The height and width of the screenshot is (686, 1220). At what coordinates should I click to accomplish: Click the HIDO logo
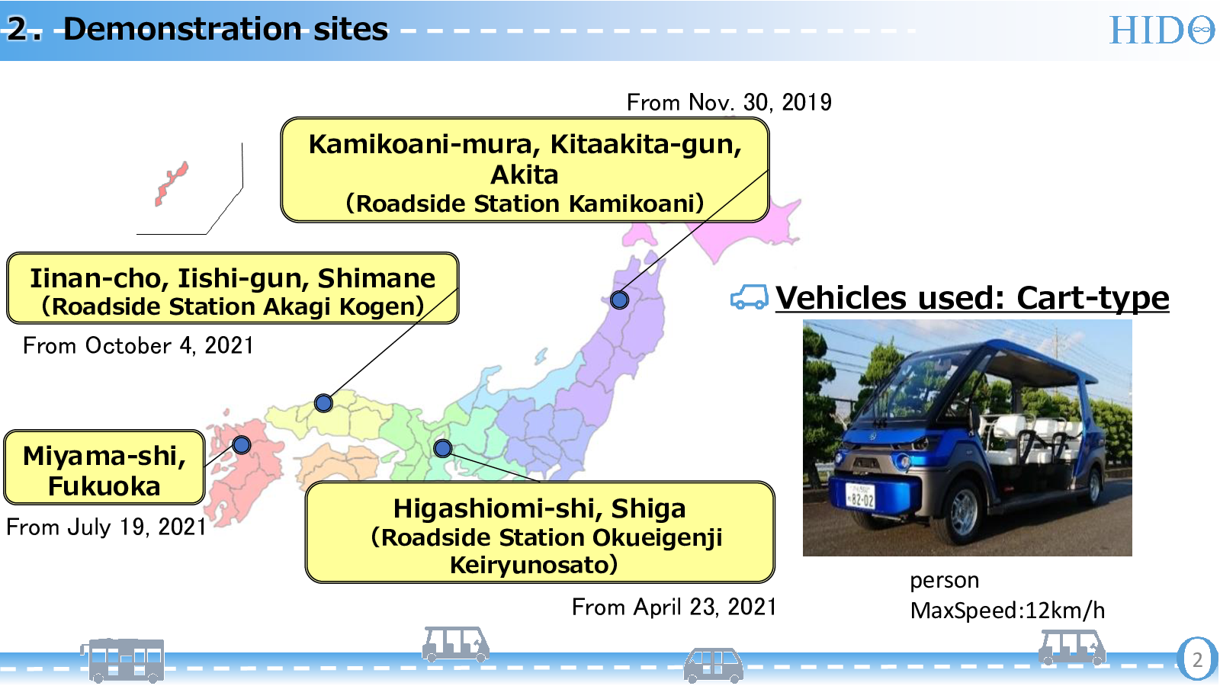pos(1162,30)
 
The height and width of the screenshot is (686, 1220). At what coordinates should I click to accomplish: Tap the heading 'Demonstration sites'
pos(226,29)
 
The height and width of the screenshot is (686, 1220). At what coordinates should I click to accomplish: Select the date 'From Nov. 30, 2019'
pos(729,102)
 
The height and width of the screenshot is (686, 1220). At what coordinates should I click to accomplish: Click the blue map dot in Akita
pos(619,300)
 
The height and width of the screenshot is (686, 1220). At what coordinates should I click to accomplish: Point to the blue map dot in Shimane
pos(323,403)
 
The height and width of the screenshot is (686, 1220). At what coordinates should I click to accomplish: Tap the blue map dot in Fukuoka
pos(242,445)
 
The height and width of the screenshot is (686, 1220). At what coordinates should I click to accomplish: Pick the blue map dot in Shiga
pos(443,448)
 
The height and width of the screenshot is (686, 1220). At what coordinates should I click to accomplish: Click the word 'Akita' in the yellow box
pos(525,175)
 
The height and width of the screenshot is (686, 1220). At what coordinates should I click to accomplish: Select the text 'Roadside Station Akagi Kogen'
pos(233,306)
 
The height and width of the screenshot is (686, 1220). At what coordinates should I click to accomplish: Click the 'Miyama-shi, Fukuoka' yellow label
pos(104,467)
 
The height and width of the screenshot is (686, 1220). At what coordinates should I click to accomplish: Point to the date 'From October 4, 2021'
pos(138,346)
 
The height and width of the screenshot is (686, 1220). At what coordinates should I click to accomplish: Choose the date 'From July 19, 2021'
pos(106,527)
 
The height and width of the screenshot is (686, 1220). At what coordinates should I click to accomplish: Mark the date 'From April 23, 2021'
pos(674,607)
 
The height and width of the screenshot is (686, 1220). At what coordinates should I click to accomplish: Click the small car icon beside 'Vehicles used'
pos(750,297)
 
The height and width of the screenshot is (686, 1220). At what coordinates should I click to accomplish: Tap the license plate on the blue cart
pos(860,496)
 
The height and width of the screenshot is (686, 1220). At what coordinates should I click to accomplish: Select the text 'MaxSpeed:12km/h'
pos(1007,611)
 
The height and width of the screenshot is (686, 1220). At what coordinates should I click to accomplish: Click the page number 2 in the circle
pos(1197,660)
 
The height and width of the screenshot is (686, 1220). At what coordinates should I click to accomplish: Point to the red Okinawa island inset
pos(172,184)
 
